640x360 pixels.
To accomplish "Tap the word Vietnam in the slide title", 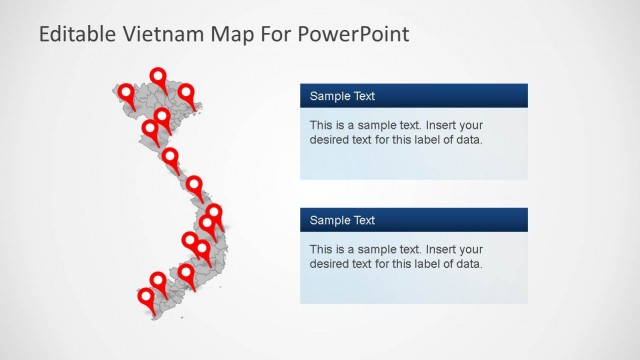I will tap(161, 35).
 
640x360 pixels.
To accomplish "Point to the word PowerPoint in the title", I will tap(354, 35).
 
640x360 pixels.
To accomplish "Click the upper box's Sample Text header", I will tap(342, 96).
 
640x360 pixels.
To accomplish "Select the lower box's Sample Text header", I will tap(342, 220).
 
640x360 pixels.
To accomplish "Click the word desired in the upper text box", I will tap(331, 140).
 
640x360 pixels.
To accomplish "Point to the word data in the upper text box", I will tap(468, 140).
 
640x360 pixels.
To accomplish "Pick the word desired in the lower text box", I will tap(331, 264).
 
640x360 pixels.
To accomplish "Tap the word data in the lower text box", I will tap(468, 264).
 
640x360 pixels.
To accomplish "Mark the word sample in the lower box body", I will tap(367, 249).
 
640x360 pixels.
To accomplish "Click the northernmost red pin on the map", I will tap(158, 77).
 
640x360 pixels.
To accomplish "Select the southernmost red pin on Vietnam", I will tap(146, 297).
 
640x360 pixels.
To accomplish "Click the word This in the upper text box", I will tap(321, 125).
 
